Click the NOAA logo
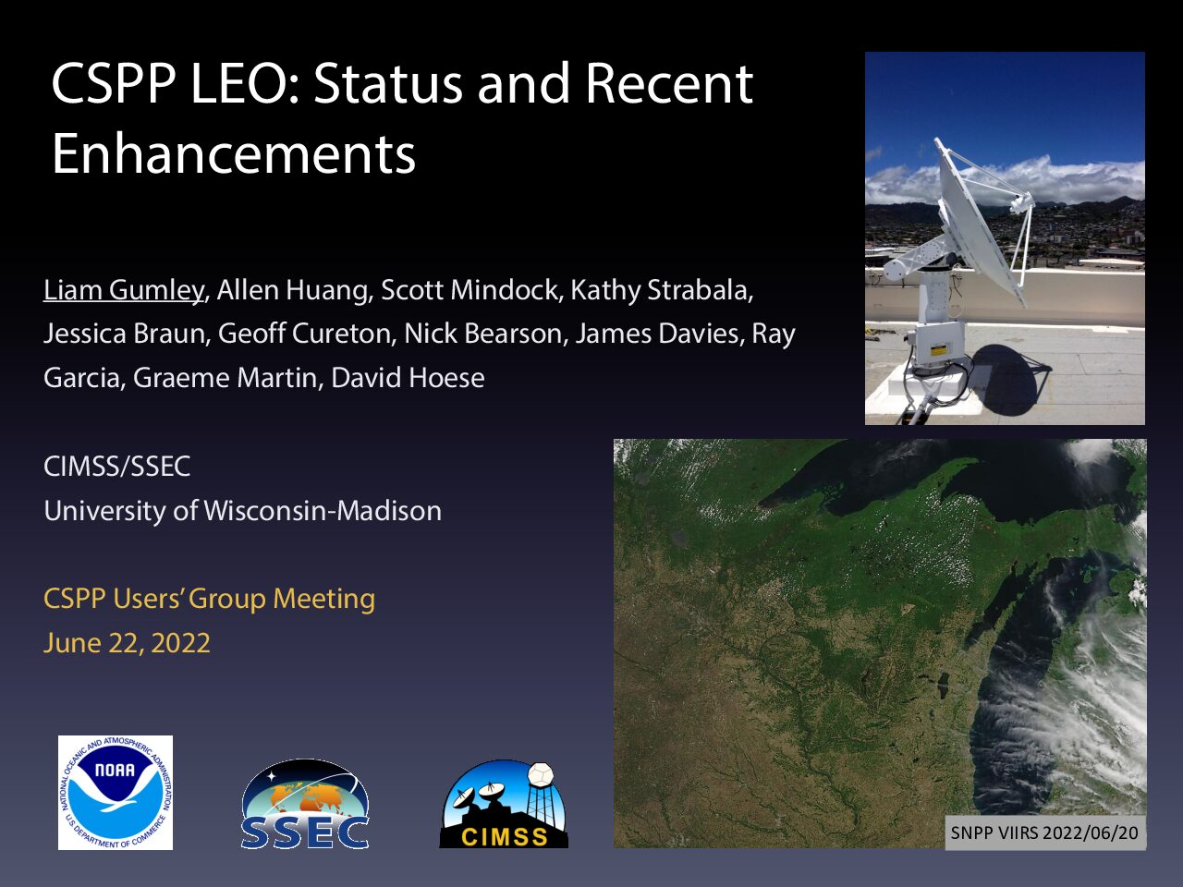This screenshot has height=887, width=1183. [x=116, y=792]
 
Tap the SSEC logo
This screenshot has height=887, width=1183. [x=305, y=804]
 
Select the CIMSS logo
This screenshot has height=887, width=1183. [x=504, y=805]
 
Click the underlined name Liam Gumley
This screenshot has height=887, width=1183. [x=124, y=290]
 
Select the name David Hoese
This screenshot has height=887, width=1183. [x=408, y=378]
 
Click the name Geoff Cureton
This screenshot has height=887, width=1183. [x=304, y=334]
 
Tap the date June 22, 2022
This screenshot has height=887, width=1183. [x=127, y=643]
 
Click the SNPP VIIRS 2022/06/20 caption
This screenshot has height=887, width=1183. [x=1044, y=832]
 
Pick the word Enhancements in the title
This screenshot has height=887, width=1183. [x=234, y=154]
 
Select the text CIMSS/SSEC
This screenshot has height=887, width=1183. [x=117, y=466]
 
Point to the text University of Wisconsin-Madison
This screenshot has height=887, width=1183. [x=242, y=511]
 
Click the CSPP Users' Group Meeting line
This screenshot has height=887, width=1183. [x=209, y=599]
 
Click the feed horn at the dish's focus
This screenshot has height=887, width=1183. [x=1020, y=203]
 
